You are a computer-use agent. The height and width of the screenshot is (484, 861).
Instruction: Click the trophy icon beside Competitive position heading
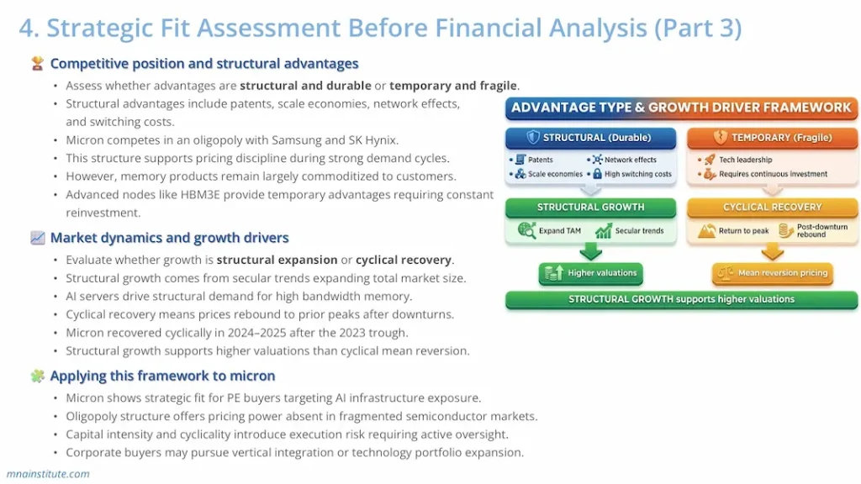point(37,64)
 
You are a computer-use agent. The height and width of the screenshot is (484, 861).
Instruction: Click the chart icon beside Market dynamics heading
point(37,238)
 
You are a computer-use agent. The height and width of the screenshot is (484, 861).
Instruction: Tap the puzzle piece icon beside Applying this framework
point(37,376)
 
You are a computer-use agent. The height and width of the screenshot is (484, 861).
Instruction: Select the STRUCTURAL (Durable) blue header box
point(590,137)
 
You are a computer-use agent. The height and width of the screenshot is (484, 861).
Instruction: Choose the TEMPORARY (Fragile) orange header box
point(772,137)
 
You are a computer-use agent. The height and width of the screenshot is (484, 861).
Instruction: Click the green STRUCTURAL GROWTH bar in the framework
point(590,207)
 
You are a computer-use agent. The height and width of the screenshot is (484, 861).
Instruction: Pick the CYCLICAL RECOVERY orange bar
point(772,207)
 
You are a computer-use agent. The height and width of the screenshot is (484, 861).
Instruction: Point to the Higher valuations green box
point(590,273)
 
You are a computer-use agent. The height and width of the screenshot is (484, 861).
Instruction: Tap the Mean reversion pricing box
point(772,273)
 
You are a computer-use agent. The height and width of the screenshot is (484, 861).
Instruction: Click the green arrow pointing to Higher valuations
point(590,251)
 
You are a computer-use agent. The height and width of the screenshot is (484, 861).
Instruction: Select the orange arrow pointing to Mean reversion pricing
point(772,251)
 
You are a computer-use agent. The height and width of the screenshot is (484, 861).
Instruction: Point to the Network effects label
point(631,160)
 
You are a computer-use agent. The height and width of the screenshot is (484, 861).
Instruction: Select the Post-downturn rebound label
point(821,230)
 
